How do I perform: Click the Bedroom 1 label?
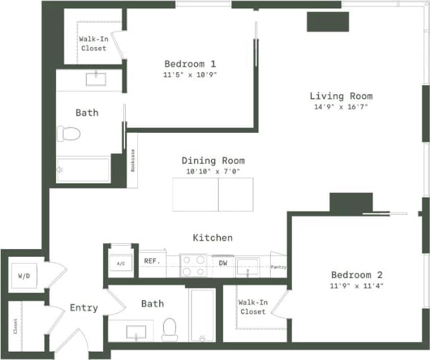click(190, 64)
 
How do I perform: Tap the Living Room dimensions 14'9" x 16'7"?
click(340, 107)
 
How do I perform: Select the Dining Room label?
click(213, 161)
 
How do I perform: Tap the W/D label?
click(24, 276)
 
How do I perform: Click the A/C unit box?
click(121, 263)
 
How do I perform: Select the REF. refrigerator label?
click(151, 261)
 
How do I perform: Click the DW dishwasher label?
click(222, 263)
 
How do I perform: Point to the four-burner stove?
click(192, 265)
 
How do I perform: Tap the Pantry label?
click(279, 266)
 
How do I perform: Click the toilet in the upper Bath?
click(68, 134)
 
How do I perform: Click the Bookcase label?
click(133, 160)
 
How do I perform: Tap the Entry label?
click(84, 308)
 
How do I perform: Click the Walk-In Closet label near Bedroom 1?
click(93, 43)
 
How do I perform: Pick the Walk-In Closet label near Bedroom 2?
click(252, 306)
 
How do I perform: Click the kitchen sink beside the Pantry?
click(247, 265)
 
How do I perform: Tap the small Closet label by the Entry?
click(15, 326)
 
